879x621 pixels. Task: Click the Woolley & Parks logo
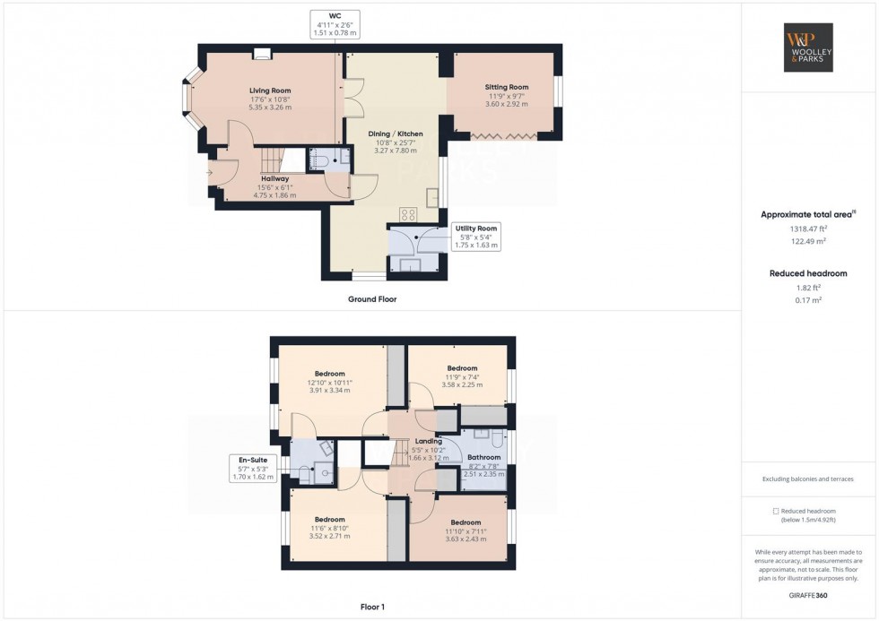click(808, 47)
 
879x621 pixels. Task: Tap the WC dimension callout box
click(335, 24)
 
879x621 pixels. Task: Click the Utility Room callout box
click(475, 237)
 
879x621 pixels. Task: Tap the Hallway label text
click(263, 178)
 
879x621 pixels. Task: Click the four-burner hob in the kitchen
click(409, 214)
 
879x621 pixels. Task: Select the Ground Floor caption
click(372, 299)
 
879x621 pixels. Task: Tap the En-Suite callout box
click(253, 469)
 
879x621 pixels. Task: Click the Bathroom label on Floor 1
click(484, 457)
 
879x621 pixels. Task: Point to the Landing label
click(428, 441)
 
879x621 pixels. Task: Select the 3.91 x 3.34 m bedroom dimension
click(329, 391)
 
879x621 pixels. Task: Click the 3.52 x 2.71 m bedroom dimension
click(329, 536)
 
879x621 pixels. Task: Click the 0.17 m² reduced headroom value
click(807, 300)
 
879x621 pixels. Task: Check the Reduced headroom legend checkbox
click(776, 511)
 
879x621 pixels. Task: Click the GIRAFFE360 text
click(808, 595)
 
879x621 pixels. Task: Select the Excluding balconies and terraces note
click(808, 479)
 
